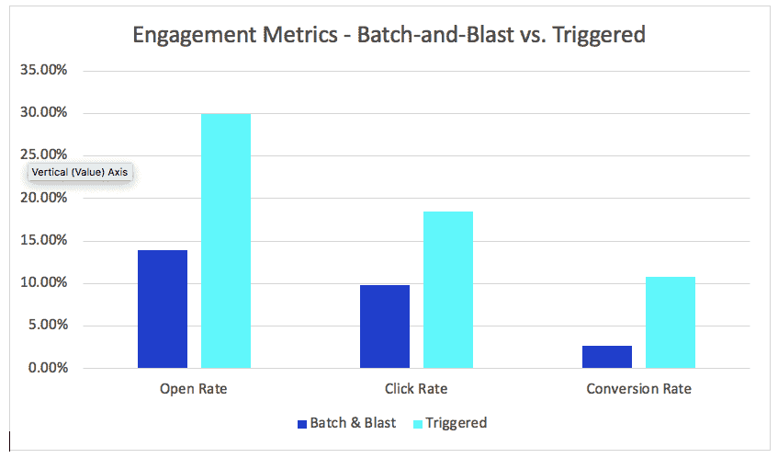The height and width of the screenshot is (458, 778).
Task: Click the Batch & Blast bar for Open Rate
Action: (163, 309)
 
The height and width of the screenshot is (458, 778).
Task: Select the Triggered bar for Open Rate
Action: (225, 241)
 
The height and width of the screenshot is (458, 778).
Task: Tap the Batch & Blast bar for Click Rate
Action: (385, 326)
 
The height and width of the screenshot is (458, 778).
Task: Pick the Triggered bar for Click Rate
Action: (447, 290)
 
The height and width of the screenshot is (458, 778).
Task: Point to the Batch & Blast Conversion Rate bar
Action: (607, 357)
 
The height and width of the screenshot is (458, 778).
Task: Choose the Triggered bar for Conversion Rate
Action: (670, 323)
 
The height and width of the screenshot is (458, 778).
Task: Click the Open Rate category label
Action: (193, 389)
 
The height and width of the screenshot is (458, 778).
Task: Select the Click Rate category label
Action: (416, 389)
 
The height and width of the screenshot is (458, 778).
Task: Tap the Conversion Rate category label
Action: (638, 389)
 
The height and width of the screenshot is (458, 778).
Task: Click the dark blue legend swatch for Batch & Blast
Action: (302, 424)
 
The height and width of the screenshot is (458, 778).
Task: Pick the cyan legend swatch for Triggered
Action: (419, 424)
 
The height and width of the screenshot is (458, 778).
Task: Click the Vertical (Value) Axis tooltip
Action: (80, 172)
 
